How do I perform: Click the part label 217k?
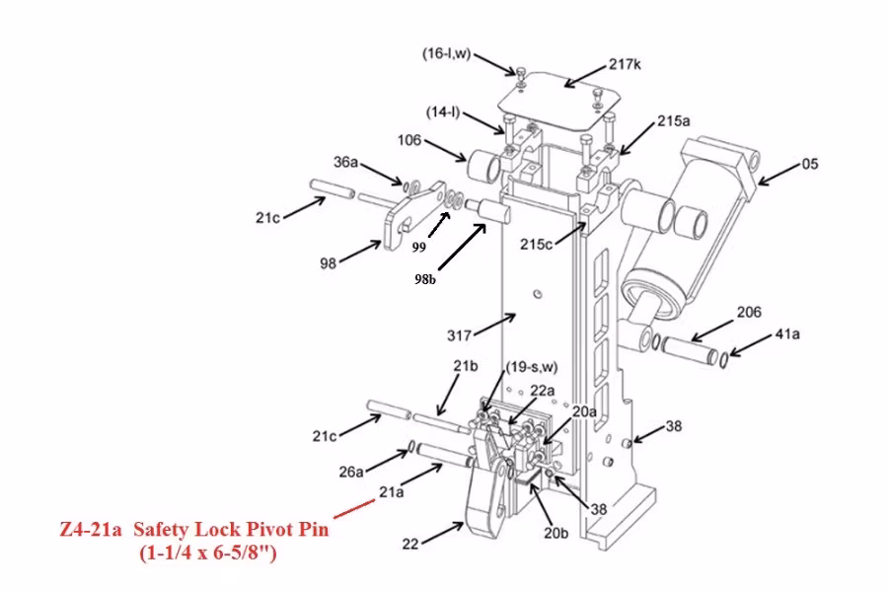625,64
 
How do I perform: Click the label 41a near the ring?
786,335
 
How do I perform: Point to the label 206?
749,313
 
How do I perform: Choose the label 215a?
674,121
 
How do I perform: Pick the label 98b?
425,279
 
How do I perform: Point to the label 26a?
352,471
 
